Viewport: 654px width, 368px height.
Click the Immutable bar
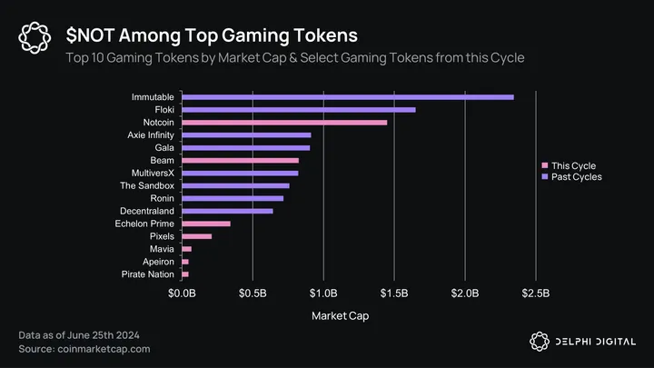(348, 97)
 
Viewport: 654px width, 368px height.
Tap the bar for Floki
(299, 110)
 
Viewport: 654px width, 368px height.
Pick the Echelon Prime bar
(206, 224)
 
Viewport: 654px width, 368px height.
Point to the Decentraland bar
(227, 211)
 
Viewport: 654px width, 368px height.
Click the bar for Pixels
(197, 236)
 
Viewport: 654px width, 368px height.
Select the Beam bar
(241, 160)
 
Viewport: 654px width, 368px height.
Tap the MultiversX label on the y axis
(150, 173)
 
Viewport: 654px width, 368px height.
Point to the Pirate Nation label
(148, 274)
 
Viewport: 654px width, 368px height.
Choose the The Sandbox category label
(148, 185)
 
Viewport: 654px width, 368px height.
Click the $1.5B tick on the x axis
(395, 293)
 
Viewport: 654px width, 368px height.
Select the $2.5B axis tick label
(536, 293)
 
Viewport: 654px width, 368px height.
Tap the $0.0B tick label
(183, 293)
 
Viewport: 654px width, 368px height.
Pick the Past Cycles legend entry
(576, 177)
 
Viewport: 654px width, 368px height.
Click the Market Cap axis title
(340, 316)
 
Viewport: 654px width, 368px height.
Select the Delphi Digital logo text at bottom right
(595, 342)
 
